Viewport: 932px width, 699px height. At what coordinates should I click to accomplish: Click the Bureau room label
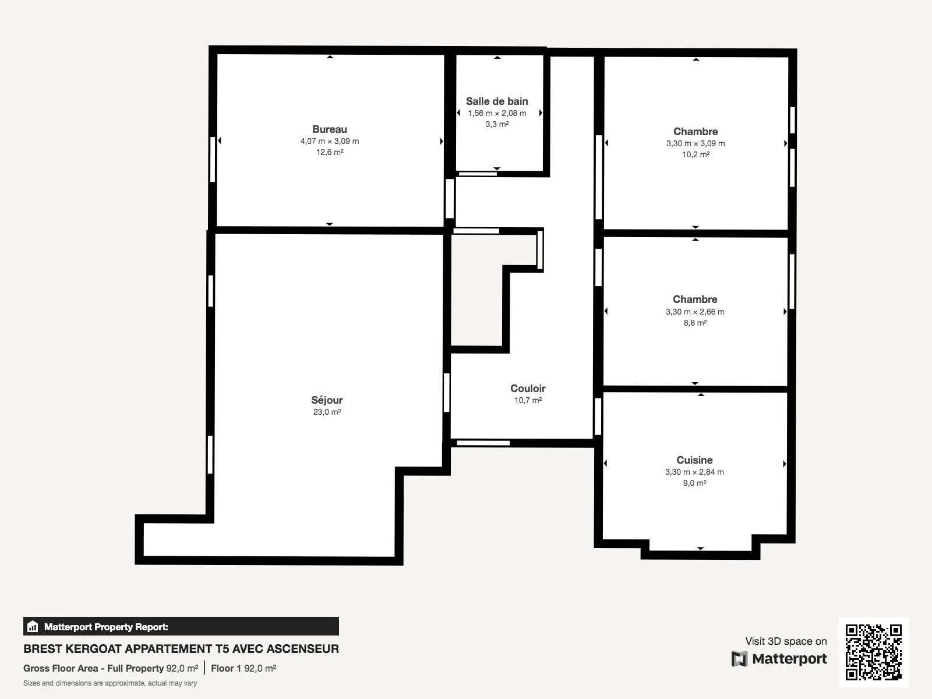click(x=330, y=129)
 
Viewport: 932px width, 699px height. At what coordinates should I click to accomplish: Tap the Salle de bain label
click(x=497, y=101)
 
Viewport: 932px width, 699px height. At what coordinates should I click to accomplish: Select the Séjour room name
click(x=327, y=400)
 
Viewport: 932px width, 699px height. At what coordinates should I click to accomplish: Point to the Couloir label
click(x=528, y=389)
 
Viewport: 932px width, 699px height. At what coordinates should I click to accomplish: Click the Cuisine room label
click(x=694, y=460)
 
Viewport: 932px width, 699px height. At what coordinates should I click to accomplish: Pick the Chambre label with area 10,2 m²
click(x=696, y=132)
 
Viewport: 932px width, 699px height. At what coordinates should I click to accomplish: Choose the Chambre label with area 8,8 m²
click(x=695, y=299)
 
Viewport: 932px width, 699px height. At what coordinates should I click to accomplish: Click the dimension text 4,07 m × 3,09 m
click(x=330, y=141)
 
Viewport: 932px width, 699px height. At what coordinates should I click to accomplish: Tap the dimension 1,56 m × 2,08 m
click(x=497, y=113)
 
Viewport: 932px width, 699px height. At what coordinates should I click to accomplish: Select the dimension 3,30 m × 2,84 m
click(x=694, y=472)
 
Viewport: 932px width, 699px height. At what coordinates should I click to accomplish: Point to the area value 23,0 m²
click(x=327, y=412)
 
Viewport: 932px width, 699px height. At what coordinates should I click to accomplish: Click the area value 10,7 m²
click(x=528, y=400)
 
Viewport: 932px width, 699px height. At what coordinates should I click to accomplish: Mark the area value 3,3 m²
click(x=497, y=124)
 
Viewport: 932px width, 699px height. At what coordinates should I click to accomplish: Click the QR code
click(x=873, y=652)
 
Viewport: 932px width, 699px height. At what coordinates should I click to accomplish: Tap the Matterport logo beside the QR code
click(x=779, y=659)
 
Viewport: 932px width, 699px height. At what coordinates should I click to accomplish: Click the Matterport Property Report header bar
click(x=181, y=627)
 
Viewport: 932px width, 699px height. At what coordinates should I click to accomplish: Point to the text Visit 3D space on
click(x=786, y=641)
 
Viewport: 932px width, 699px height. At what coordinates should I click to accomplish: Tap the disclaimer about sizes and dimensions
click(x=110, y=683)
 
